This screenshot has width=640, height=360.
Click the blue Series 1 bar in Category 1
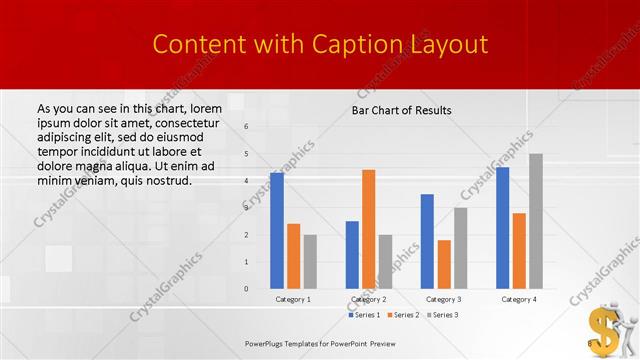[x=277, y=231]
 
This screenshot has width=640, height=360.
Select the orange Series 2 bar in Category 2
[x=369, y=229]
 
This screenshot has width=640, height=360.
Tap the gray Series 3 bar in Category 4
[x=536, y=221]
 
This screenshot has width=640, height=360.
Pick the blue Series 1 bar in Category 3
[x=427, y=241]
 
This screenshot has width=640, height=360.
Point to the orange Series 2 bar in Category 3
[x=444, y=264]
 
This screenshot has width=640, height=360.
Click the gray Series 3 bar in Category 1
[x=310, y=262]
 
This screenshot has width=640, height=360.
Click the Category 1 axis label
[x=293, y=299]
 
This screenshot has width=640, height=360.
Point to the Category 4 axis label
[x=519, y=299]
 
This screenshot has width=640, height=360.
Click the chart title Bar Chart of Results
[x=401, y=110]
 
